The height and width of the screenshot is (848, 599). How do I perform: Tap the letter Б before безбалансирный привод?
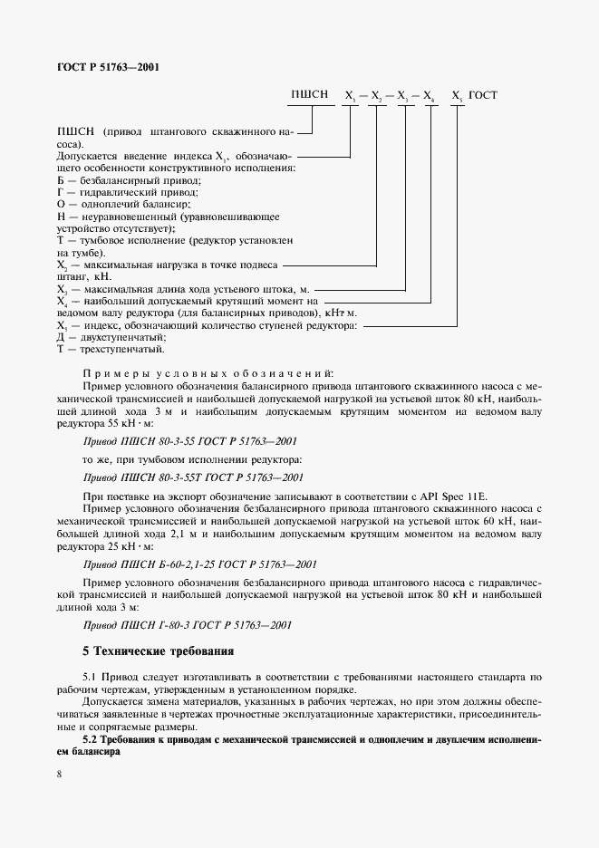[60, 180]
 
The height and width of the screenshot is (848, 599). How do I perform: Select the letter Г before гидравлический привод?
[59, 193]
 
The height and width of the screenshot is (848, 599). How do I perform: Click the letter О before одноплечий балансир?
[60, 206]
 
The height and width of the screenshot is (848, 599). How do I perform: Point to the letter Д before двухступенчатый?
[60, 336]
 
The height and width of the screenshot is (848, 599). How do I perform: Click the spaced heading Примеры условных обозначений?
[208, 371]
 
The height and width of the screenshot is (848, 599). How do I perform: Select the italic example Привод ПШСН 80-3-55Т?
[192, 477]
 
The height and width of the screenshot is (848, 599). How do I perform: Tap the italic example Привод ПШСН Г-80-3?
[188, 624]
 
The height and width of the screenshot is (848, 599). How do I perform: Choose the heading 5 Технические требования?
[159, 650]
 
